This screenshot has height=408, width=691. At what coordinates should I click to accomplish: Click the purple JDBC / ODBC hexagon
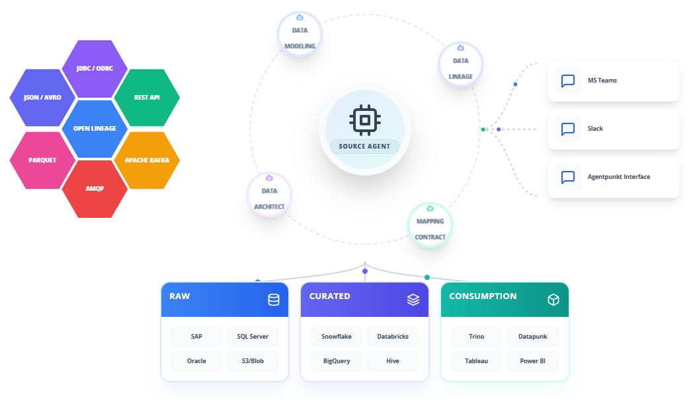(95, 69)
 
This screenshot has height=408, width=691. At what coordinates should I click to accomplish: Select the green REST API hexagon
(147, 98)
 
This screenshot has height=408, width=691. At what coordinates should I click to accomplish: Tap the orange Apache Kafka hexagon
(147, 160)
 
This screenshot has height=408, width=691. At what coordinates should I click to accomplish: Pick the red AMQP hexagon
(95, 189)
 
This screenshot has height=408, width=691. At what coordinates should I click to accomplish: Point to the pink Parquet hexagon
(42, 160)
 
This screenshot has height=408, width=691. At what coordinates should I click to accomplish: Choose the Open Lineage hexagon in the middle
(95, 129)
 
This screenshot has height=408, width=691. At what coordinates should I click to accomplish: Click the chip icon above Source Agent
(365, 119)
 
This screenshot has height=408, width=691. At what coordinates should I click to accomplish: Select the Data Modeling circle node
(300, 34)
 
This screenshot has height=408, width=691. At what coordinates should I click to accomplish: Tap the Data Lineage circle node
(460, 64)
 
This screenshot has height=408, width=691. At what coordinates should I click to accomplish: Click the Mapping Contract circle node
(430, 225)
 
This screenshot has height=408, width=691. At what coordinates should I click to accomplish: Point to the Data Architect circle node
(269, 195)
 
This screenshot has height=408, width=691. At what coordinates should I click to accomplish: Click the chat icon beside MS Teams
(567, 81)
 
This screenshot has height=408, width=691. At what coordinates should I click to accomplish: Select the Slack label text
(595, 129)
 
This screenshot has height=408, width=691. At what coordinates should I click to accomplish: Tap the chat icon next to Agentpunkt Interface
(567, 177)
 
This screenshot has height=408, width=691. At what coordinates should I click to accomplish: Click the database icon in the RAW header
(274, 300)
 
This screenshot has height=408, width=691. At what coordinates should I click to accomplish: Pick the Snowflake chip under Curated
(337, 337)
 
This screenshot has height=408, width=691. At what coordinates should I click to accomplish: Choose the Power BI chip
(533, 361)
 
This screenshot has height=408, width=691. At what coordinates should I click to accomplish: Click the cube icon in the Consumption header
(553, 300)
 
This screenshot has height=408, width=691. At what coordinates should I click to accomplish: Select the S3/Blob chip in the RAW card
(253, 361)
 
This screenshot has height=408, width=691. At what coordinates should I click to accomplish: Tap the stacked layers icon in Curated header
(413, 300)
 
